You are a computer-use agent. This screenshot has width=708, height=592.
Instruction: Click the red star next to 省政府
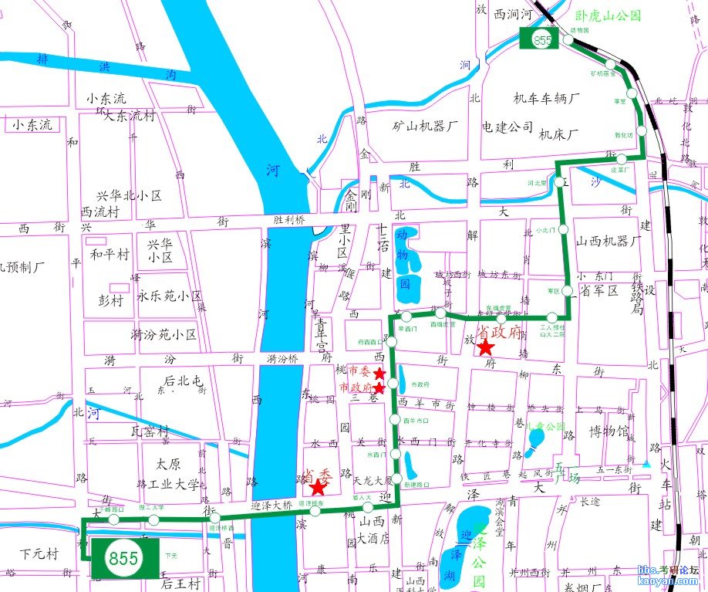(485, 348)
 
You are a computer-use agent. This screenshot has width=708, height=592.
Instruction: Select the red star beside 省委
(317, 487)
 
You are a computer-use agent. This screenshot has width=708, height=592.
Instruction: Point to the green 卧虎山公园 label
(610, 15)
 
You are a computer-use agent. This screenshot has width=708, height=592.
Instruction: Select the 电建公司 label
(507, 126)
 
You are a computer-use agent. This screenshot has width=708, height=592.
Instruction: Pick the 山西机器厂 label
(609, 242)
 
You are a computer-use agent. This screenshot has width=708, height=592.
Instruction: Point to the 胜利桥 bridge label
(289, 219)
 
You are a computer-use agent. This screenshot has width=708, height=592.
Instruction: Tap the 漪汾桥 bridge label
(283, 358)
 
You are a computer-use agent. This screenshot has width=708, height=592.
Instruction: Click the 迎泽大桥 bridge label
(271, 505)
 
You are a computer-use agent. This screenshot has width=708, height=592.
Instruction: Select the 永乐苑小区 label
(169, 296)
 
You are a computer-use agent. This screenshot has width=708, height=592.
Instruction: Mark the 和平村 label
(110, 255)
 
